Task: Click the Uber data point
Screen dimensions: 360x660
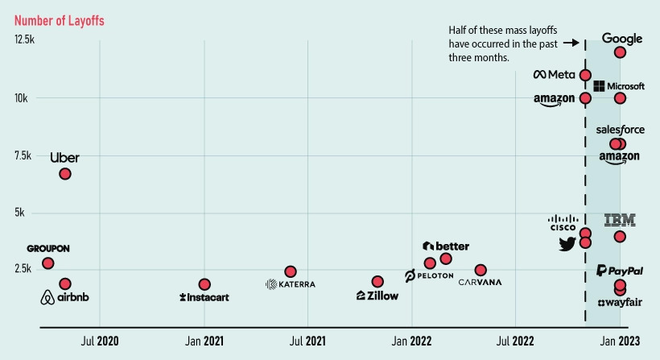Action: pyautogui.click(x=65, y=174)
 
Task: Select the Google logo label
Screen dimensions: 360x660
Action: pyautogui.click(x=622, y=39)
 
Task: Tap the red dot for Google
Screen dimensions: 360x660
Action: pyautogui.click(x=620, y=52)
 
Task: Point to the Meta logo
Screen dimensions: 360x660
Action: pyautogui.click(x=555, y=75)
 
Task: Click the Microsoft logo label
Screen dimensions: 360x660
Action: pyautogui.click(x=619, y=86)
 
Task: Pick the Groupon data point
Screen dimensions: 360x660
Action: pyautogui.click(x=48, y=263)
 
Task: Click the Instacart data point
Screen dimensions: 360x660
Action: pyautogui.click(x=204, y=284)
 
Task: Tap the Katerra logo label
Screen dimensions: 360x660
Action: pyautogui.click(x=291, y=284)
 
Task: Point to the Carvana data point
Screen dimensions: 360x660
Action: pyautogui.click(x=481, y=270)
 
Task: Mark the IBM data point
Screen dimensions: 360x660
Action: pyautogui.click(x=620, y=237)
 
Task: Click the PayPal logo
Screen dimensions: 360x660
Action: pyautogui.click(x=619, y=271)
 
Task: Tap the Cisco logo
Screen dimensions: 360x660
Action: pyautogui.click(x=563, y=223)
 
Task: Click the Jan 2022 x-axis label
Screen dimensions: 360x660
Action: pyautogui.click(x=411, y=341)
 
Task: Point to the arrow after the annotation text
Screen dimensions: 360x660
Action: pyautogui.click(x=570, y=43)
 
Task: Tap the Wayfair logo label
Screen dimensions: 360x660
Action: pyautogui.click(x=620, y=302)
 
